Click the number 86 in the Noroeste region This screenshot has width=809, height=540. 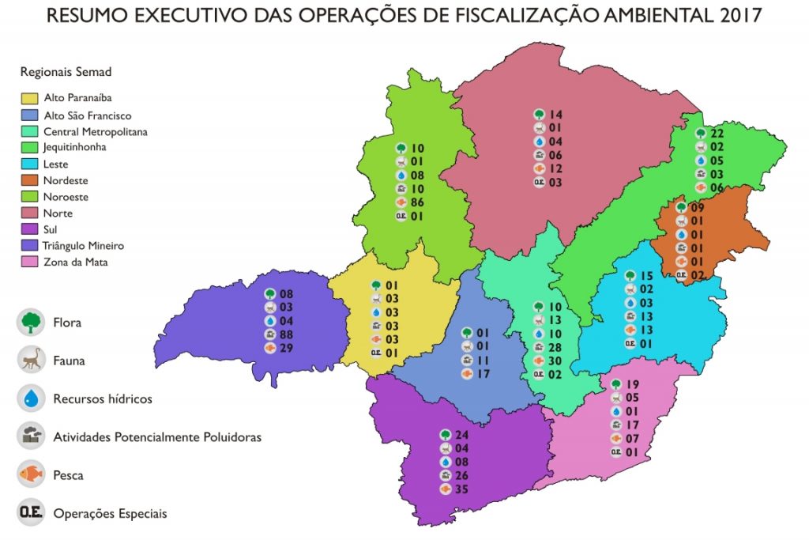coord(418,202)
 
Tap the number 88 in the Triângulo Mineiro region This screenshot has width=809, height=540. coord(286,334)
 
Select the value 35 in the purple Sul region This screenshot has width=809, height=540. coord(462,489)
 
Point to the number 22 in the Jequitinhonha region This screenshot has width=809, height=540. coord(717,133)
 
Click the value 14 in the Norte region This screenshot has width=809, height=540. coord(555,114)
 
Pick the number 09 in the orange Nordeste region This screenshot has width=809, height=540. coord(697,207)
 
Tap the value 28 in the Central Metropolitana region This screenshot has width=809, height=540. coord(555,347)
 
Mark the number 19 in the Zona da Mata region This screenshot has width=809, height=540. coord(632,384)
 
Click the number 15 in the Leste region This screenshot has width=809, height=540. coord(646,276)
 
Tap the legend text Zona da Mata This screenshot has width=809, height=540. coord(76,262)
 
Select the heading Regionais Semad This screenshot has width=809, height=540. coord(66,72)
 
